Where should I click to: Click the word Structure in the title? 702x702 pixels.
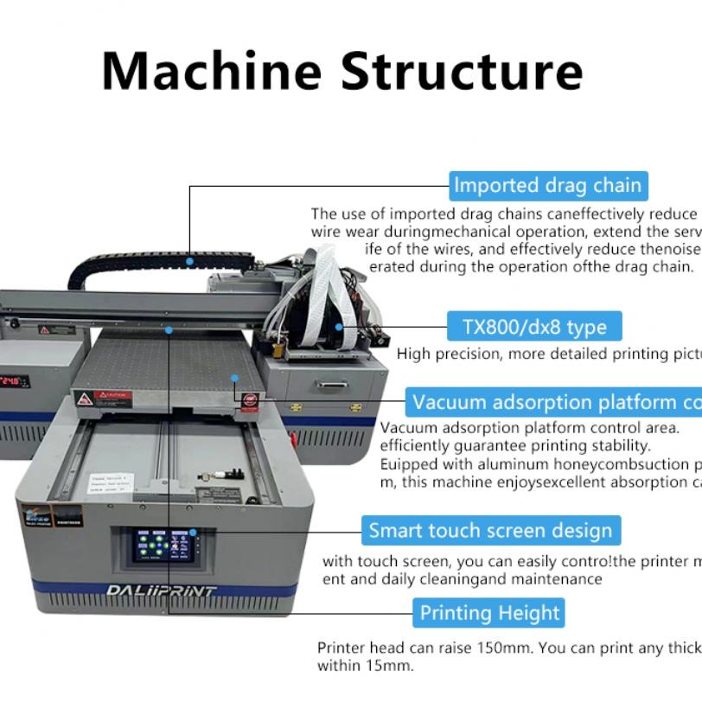[462, 71]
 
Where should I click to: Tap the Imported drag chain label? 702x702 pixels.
[548, 186]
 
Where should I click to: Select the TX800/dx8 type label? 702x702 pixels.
[535, 327]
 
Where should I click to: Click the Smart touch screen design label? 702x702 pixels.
[490, 530]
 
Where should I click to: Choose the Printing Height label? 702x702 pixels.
[490, 613]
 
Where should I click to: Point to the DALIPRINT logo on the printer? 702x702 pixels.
[162, 591]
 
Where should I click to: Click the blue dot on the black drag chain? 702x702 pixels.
[189, 259]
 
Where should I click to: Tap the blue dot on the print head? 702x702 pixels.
[340, 327]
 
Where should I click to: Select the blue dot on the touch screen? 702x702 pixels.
[193, 533]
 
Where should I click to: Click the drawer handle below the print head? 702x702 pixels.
[332, 384]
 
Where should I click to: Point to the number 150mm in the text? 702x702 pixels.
[497, 648]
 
